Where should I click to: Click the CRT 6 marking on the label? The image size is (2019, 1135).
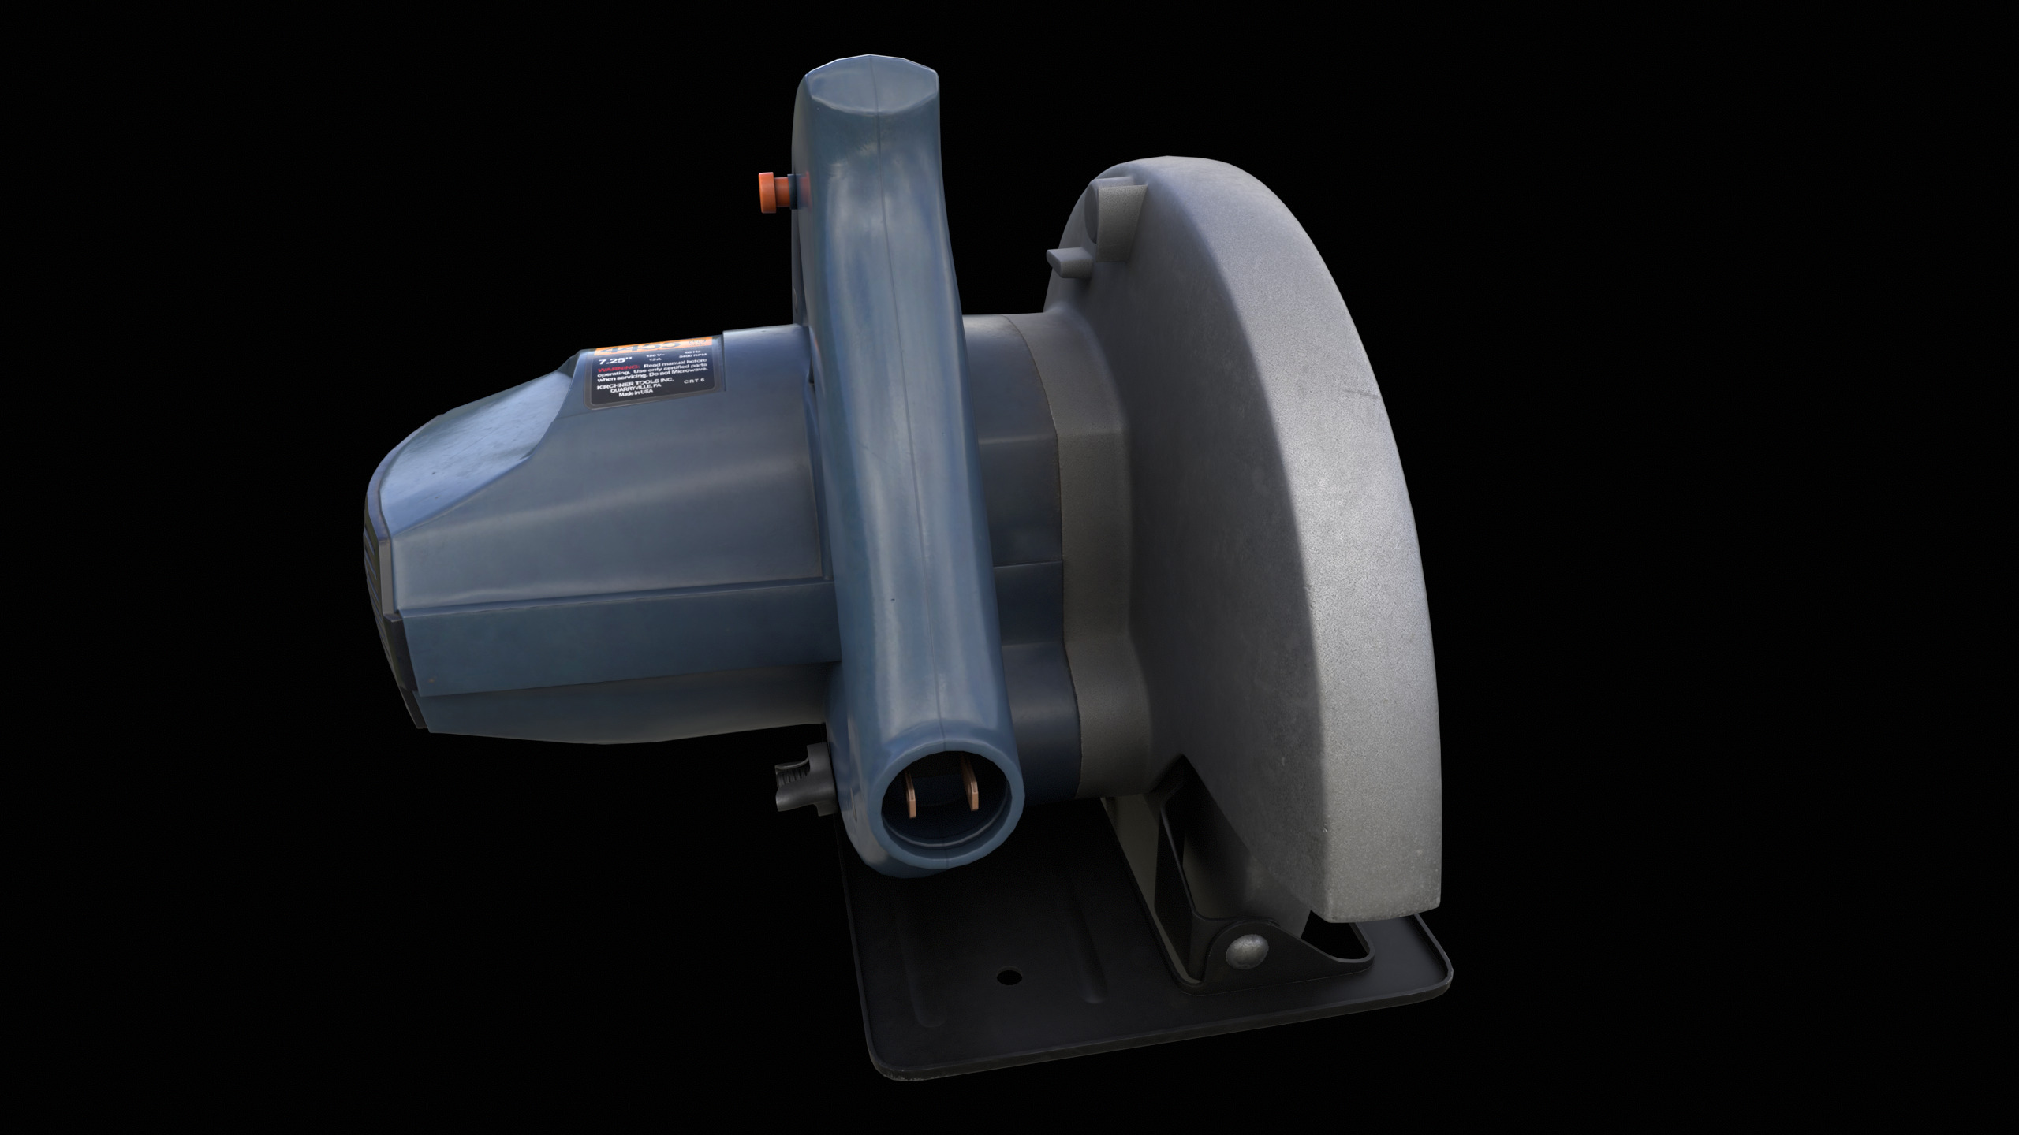[x=694, y=381]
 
